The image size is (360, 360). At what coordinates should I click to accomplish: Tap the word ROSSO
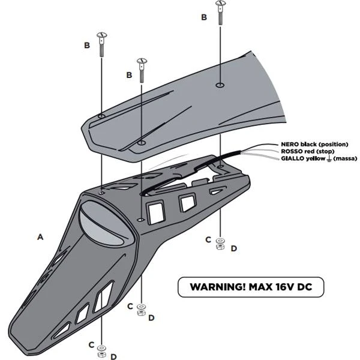point(290,152)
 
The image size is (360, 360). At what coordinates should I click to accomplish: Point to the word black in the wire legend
point(309,145)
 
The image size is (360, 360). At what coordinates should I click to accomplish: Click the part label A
point(40,238)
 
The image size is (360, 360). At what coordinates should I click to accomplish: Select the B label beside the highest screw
point(204,17)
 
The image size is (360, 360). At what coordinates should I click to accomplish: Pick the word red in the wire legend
point(311,152)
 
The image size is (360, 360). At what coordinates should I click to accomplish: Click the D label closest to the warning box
point(233,248)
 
